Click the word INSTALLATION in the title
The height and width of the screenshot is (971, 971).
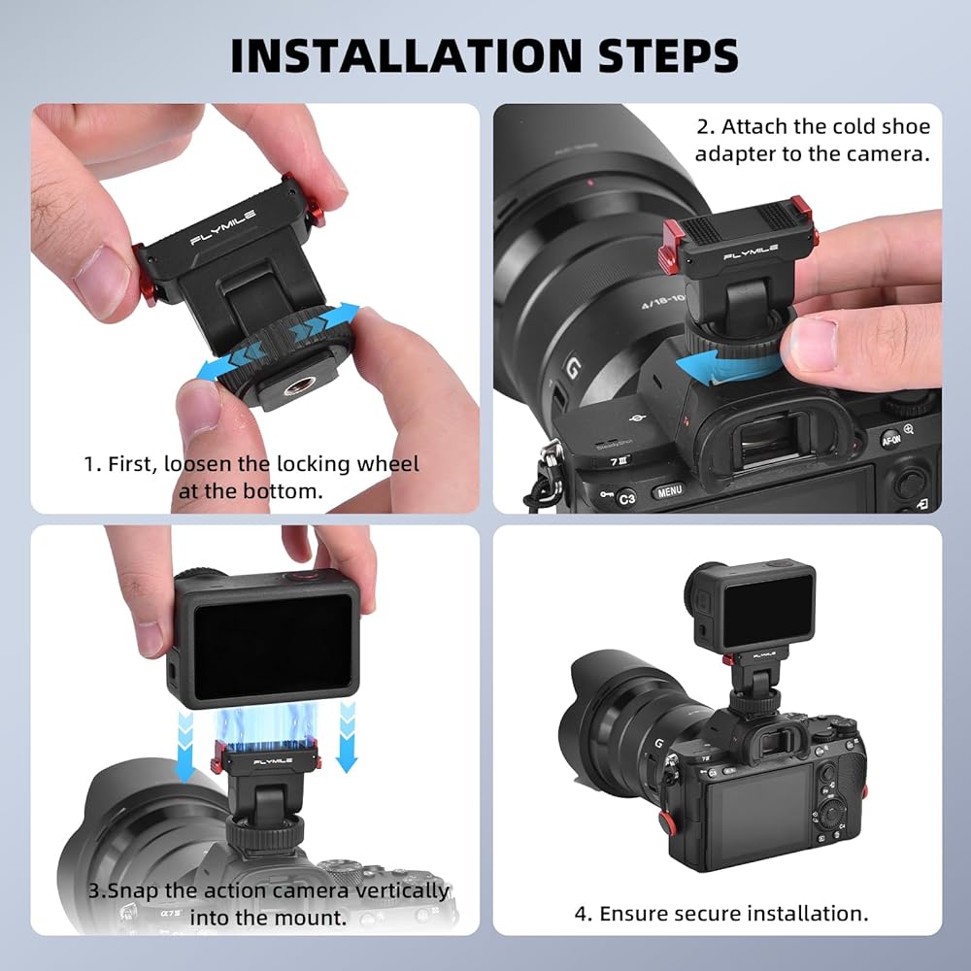(x=405, y=55)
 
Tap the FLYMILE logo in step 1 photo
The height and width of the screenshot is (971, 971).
(x=223, y=227)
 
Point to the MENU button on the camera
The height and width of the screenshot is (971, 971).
(x=669, y=491)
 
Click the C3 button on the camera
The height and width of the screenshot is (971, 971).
(x=626, y=498)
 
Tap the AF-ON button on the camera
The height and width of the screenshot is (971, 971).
(x=890, y=439)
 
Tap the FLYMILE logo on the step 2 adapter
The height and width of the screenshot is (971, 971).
(x=751, y=252)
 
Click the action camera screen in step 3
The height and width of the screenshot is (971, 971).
(x=273, y=647)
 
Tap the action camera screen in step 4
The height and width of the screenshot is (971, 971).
(x=768, y=610)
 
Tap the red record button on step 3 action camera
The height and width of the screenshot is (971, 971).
(x=302, y=577)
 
